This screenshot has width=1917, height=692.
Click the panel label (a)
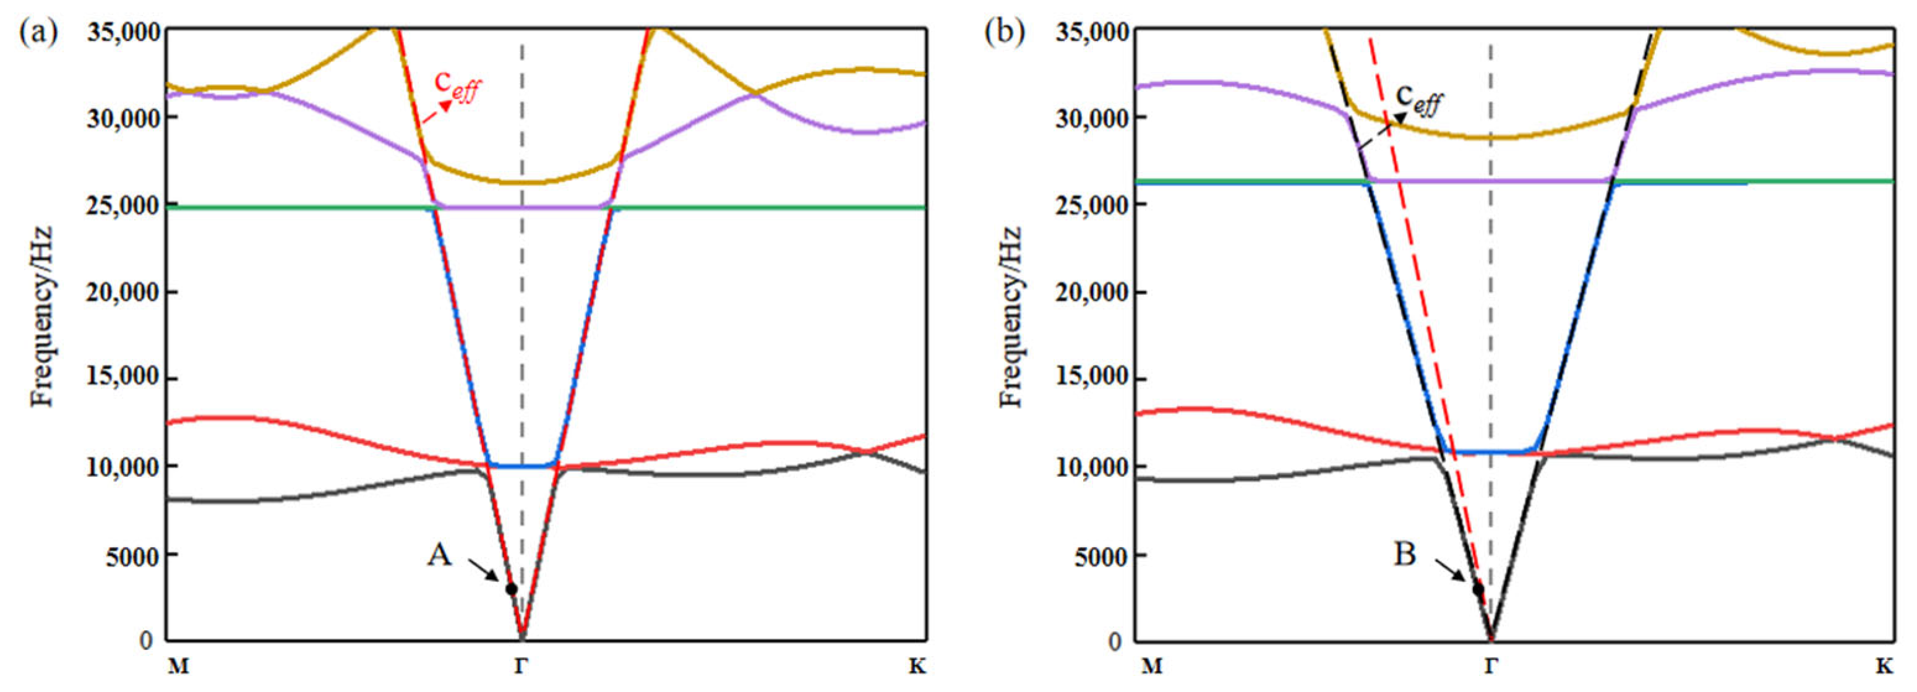pos(39,33)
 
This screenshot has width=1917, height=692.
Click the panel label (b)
pos(1005,33)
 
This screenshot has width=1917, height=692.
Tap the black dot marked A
pos(511,589)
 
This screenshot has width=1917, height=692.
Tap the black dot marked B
pos(1478,589)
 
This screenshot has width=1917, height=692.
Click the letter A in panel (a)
pos(439,554)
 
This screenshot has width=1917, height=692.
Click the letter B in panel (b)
pos(1404,554)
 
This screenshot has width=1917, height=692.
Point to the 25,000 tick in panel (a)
pos(122,205)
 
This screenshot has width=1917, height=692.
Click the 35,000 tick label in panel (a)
pos(122,32)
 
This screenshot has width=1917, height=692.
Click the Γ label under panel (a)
pos(521,666)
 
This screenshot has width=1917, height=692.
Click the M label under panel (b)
pos(1152,666)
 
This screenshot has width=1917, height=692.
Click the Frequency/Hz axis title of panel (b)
pos(1010,316)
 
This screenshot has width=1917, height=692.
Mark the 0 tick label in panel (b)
pos(1114,641)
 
